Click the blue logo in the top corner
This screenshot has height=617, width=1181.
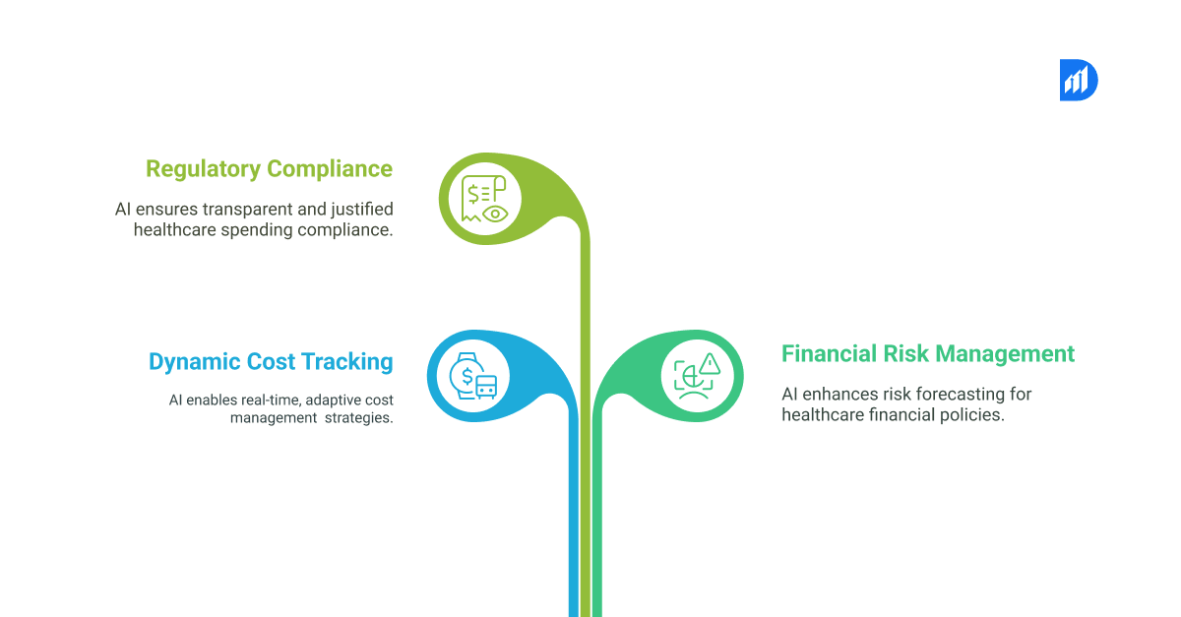1078,80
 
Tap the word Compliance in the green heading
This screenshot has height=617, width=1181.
330,169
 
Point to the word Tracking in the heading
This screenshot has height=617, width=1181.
346,362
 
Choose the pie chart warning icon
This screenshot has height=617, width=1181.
697,376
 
